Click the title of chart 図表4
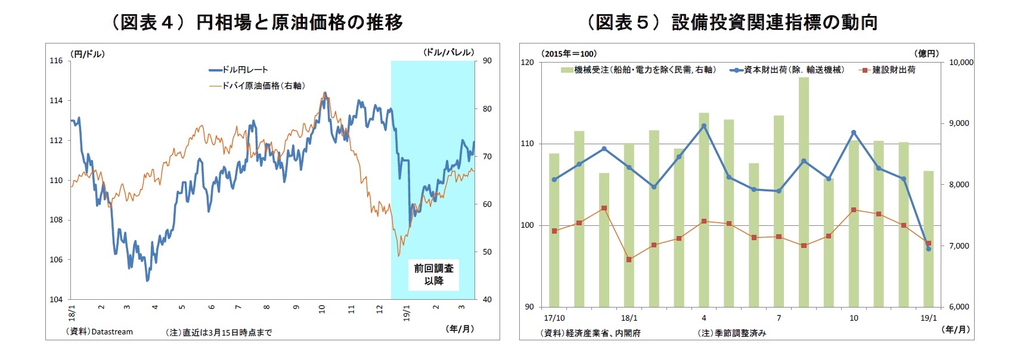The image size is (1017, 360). tap(256, 22)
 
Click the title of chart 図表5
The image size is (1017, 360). tap(732, 22)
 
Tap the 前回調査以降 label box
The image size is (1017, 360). tap(433, 275)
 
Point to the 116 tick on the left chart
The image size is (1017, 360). tap(56, 61)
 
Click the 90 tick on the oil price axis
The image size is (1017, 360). tap(487, 61)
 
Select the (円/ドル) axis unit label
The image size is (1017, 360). tap(88, 54)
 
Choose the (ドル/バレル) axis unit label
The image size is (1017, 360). tap(449, 52)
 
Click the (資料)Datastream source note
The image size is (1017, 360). tap(99, 332)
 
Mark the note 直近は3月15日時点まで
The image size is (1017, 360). tap(219, 333)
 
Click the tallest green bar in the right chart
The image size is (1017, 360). tap(804, 191)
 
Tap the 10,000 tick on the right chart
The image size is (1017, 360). tap(961, 62)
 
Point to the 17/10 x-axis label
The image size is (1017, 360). tap(554, 318)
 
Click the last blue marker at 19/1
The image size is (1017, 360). tap(928, 249)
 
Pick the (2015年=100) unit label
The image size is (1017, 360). tap(569, 54)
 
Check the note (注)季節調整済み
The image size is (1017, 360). tap(731, 333)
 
